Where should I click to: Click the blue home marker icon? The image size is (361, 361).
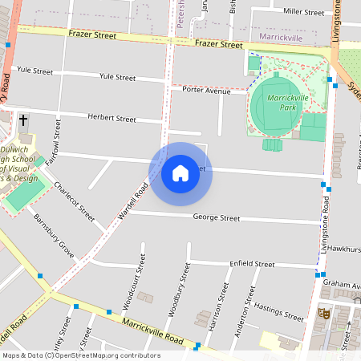click(180, 173)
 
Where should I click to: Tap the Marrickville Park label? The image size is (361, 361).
click(288, 102)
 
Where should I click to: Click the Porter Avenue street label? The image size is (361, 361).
click(206, 90)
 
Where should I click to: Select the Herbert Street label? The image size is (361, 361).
click(113, 118)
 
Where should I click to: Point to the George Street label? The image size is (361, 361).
click(217, 217)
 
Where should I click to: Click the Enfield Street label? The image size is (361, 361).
click(251, 263)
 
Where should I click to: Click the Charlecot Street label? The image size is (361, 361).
click(74, 201)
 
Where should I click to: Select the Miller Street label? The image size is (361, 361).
click(304, 12)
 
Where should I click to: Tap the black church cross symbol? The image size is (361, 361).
click(23, 120)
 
